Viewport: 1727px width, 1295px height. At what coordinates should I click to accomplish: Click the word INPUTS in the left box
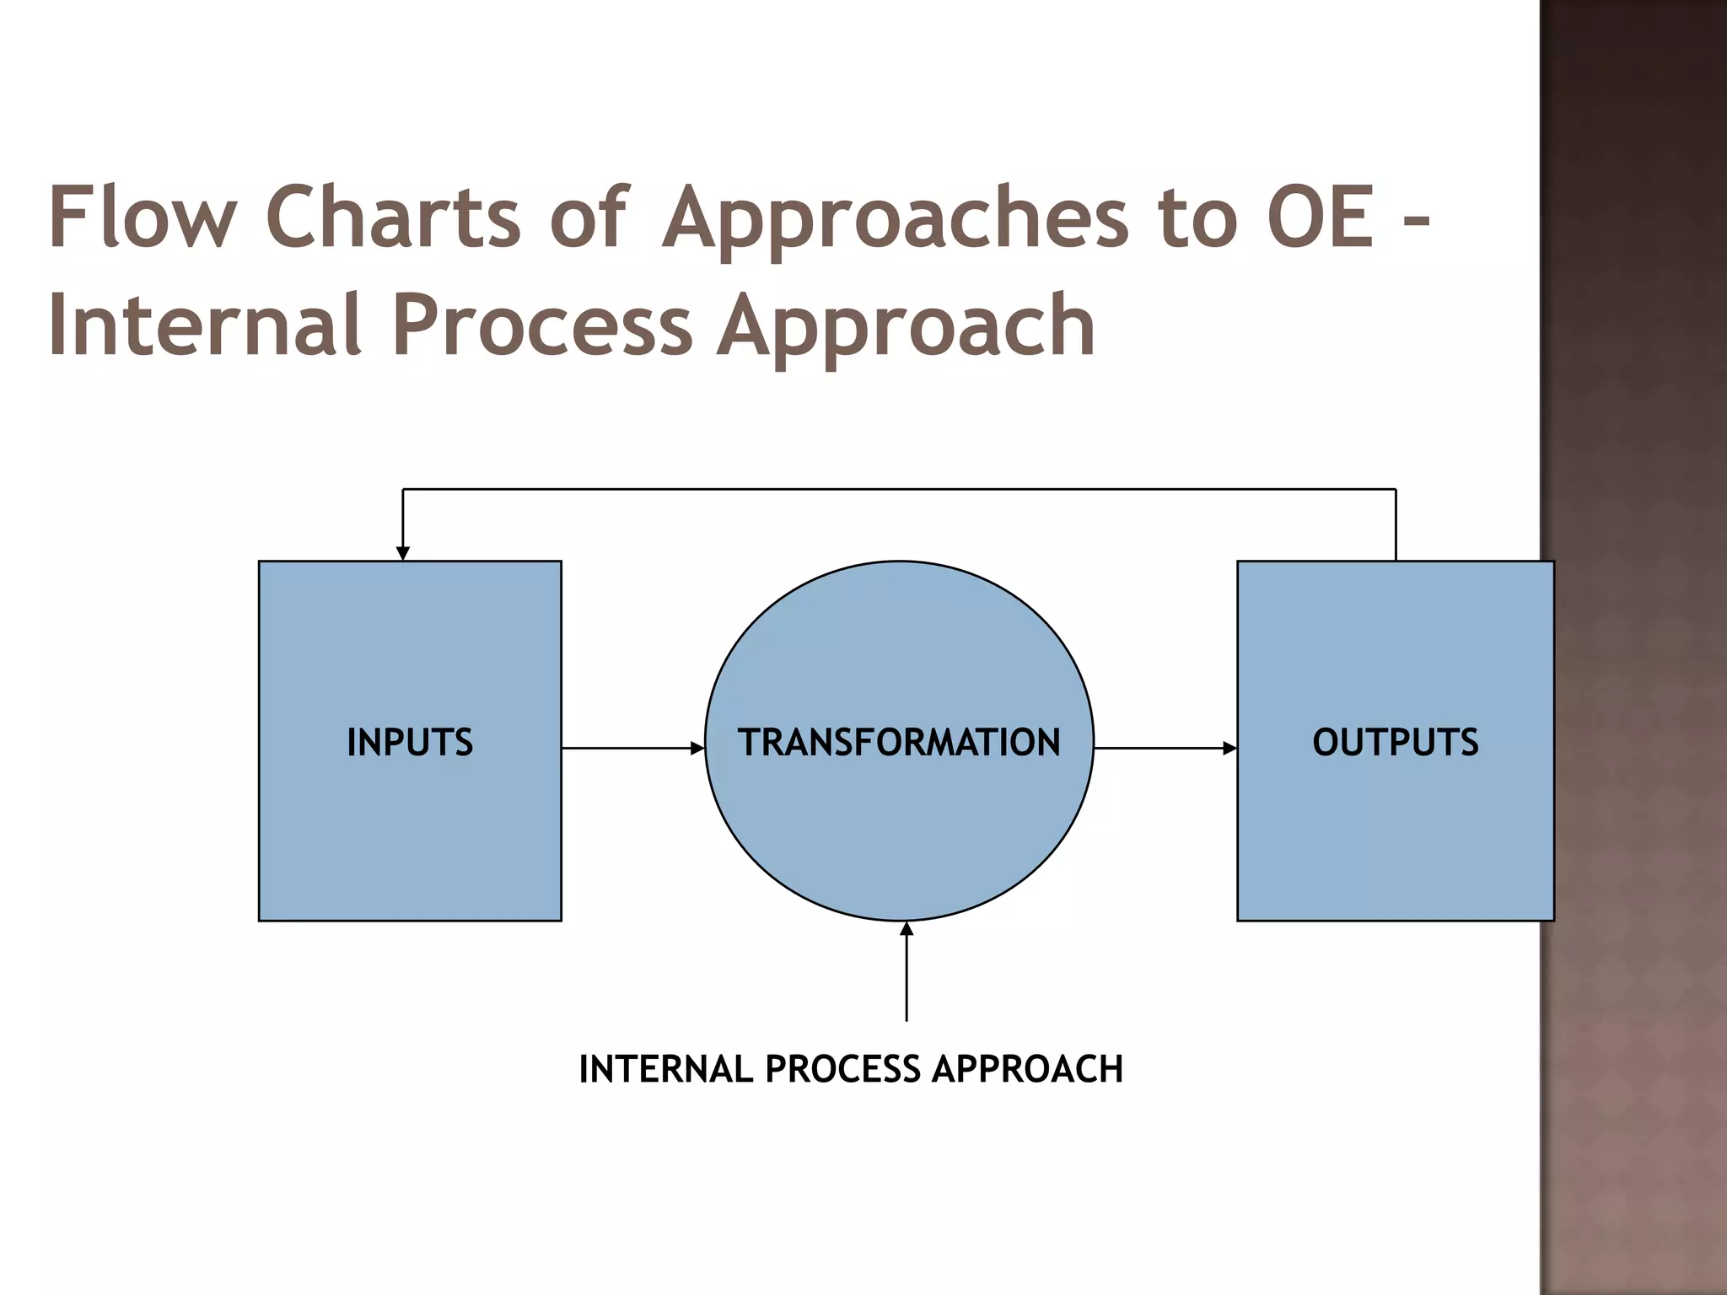410,743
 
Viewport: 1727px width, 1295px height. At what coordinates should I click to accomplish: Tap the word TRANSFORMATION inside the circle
899,743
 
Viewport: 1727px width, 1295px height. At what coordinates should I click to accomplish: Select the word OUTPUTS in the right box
1395,743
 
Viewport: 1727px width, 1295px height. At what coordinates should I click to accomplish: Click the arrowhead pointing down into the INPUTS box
403,553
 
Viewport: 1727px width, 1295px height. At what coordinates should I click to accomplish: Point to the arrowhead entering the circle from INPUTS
697,748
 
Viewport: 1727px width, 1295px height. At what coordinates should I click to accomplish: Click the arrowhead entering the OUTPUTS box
1230,748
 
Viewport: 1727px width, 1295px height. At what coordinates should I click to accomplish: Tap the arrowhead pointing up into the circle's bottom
907,929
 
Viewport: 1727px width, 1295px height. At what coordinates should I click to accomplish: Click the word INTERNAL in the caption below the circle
665,1069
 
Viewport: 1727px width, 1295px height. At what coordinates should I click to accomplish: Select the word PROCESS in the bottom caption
842,1069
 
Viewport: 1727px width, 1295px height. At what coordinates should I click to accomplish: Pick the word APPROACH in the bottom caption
1027,1069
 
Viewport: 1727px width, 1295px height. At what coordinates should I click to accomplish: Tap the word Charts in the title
393,217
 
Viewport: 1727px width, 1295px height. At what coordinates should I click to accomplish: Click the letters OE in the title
1321,217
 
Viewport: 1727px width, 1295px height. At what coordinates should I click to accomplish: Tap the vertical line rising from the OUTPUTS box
1396,524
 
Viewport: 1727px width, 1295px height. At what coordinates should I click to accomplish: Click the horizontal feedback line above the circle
899,489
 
